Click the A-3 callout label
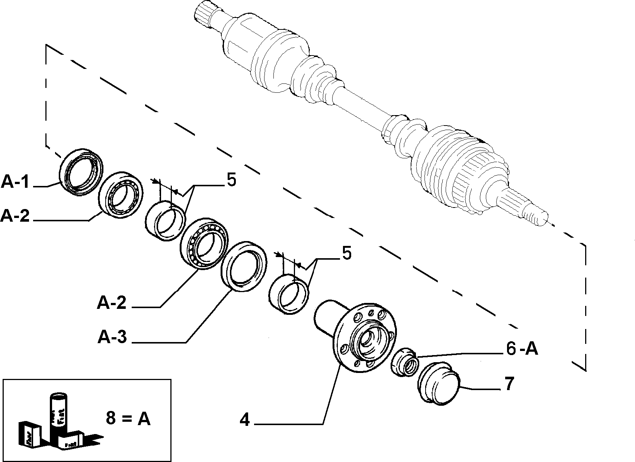112,338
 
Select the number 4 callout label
245,420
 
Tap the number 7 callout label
509,384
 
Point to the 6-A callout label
522,349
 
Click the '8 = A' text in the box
128,418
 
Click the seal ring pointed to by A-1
81,171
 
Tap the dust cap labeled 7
439,384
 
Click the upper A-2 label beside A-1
15,215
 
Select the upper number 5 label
231,181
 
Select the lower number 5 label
346,254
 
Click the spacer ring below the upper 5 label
165,220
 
